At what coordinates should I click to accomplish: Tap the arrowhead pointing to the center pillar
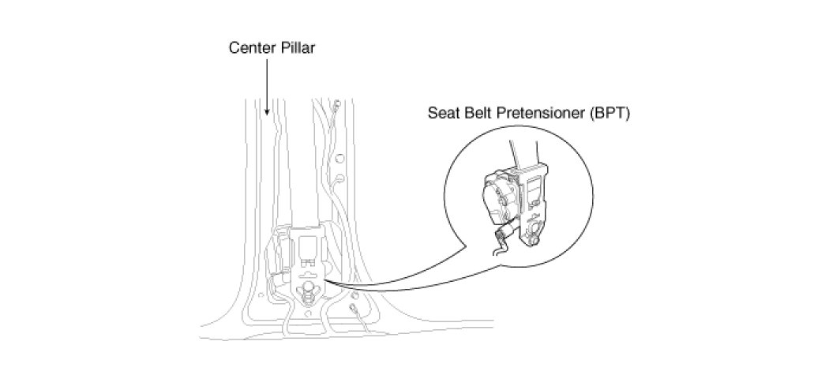[x=268, y=114]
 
